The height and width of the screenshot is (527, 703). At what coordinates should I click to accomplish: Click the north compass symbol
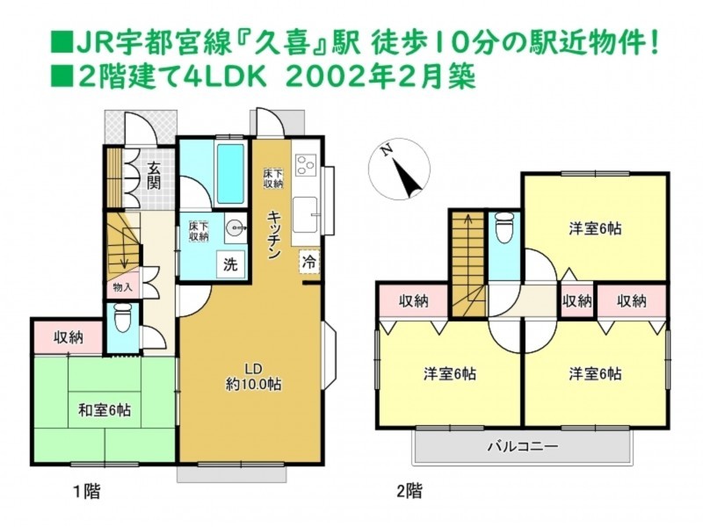click(399, 170)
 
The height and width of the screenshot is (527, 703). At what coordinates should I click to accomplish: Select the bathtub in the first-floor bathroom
click(230, 173)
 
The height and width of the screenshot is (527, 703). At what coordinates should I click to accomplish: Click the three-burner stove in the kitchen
click(306, 164)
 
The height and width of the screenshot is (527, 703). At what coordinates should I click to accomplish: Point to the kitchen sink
click(305, 214)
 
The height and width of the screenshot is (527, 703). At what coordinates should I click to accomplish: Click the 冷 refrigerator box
click(309, 262)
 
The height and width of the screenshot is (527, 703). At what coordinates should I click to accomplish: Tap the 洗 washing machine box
click(230, 264)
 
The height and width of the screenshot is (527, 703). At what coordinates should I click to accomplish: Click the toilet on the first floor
click(122, 319)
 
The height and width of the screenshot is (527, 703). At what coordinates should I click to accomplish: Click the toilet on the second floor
click(504, 227)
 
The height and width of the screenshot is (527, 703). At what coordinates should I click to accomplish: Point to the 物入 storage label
click(122, 287)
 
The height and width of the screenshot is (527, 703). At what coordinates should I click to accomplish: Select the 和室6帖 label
click(105, 410)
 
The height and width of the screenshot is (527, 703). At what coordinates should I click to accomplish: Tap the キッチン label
click(273, 235)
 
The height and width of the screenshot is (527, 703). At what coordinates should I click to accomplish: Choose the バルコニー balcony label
click(523, 446)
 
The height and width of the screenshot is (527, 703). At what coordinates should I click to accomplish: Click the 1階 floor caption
click(86, 492)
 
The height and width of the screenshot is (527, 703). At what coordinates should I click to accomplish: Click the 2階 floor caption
click(409, 491)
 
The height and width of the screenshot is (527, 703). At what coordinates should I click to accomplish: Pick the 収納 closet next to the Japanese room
click(69, 337)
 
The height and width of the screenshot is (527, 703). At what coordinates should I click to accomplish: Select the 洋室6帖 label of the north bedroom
click(595, 229)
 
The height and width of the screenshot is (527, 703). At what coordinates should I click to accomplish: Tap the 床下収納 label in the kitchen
click(273, 178)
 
